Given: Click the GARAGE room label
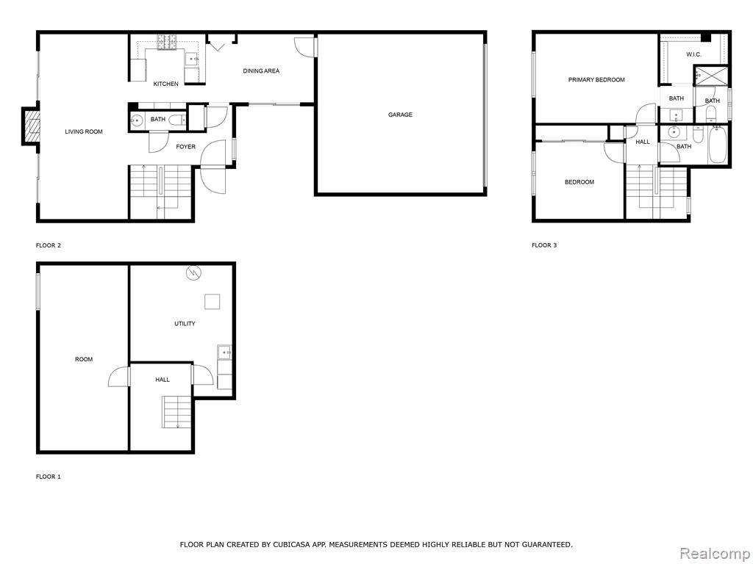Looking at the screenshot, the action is tap(400, 115).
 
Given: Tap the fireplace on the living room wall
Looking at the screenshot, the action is tap(30, 126).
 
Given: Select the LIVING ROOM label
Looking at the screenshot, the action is tap(84, 131).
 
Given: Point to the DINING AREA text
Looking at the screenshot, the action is tap(261, 71).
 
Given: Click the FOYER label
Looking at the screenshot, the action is tap(186, 147).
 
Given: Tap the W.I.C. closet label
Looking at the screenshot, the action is tap(693, 54).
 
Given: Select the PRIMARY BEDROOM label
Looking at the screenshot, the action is tap(596, 79).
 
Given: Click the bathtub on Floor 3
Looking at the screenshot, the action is tap(718, 145).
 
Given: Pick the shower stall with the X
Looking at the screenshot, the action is tap(711, 76).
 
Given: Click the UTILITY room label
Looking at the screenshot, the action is tap(185, 324).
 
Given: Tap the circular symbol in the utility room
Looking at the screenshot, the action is tap(194, 273).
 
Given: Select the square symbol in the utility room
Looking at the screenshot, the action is tap(213, 302).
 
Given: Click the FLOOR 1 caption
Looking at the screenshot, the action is tap(49, 477).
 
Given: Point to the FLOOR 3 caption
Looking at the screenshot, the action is tap(544, 245).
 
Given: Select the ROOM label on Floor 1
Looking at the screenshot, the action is tap(84, 359).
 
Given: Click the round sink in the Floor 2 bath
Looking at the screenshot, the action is tap(136, 120).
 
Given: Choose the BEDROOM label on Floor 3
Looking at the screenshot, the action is tap(579, 182).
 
